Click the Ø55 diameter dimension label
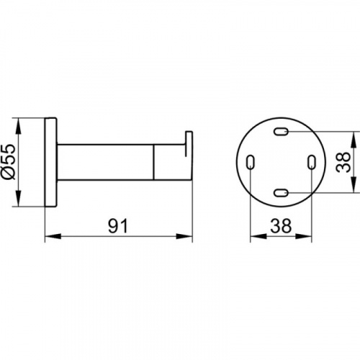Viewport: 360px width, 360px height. point(9,162)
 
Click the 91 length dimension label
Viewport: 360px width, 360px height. point(118,226)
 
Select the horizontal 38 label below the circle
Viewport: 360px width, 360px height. point(281,226)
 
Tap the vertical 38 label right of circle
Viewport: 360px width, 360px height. point(343,162)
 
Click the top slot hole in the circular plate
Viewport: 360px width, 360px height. point(281,131)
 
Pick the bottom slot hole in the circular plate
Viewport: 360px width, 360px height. point(281,192)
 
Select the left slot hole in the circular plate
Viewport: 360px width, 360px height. point(251,162)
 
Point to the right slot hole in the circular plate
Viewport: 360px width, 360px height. point(312,162)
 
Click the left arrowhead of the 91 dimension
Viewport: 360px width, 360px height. point(53,236)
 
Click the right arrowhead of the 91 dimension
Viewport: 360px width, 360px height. point(184,236)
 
